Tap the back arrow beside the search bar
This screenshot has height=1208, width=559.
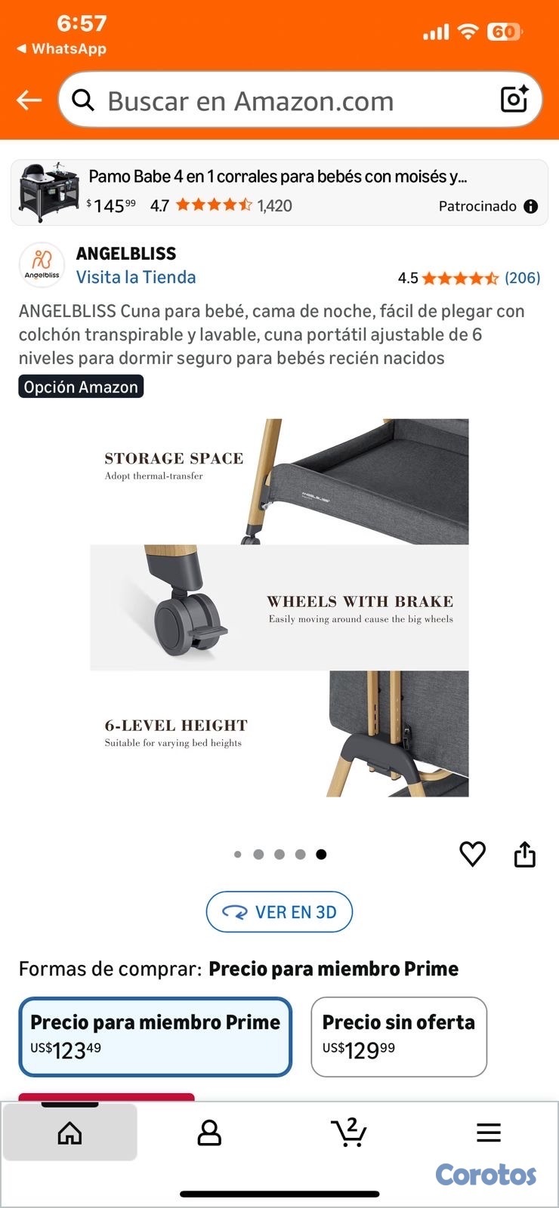pyautogui.click(x=29, y=100)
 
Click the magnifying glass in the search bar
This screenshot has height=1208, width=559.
pyautogui.click(x=83, y=100)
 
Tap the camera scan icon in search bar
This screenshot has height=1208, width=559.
pyautogui.click(x=514, y=99)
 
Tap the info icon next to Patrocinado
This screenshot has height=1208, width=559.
pyautogui.click(x=531, y=206)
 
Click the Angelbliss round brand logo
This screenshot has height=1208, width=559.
pyautogui.click(x=42, y=265)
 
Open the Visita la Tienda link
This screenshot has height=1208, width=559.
pyautogui.click(x=136, y=277)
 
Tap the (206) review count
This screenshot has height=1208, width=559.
pyautogui.click(x=522, y=278)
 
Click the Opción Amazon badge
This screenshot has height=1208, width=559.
pyautogui.click(x=81, y=387)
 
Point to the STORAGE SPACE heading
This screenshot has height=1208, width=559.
pyautogui.click(x=174, y=458)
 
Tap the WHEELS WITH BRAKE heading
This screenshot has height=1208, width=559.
pyautogui.click(x=360, y=602)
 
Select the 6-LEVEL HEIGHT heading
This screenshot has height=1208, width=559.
pyautogui.click(x=176, y=726)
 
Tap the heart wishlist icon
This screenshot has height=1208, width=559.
pyautogui.click(x=473, y=854)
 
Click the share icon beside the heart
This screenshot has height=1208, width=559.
pyautogui.click(x=524, y=855)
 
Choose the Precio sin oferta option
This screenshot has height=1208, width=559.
pyautogui.click(x=399, y=1036)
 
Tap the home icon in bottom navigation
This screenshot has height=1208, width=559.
pyautogui.click(x=69, y=1132)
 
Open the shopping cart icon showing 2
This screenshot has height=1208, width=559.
pyautogui.click(x=349, y=1132)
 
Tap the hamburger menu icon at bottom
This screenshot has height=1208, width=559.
pyautogui.click(x=489, y=1132)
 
